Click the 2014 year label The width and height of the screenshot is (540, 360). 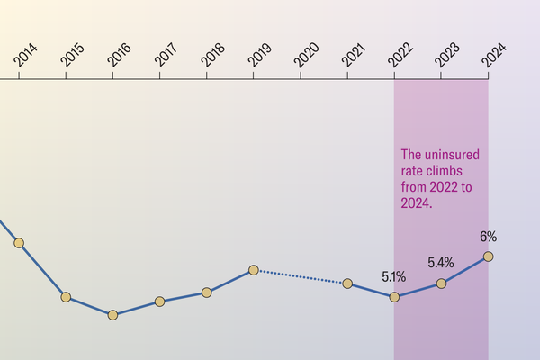point(26,55)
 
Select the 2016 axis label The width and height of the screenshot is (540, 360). point(120,55)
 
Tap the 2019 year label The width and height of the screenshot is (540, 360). point(261,55)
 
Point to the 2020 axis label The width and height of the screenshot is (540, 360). point(308,55)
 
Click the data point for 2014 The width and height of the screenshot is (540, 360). point(19,243)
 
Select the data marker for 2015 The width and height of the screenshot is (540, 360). point(66,297)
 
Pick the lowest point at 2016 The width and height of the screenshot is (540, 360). point(112,315)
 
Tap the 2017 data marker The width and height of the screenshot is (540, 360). point(159,301)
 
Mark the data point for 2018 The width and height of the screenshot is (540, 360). point(207,292)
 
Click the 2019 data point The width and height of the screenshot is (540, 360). point(254,270)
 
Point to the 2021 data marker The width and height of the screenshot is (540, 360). point(347,283)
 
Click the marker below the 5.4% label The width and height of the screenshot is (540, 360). point(441,283)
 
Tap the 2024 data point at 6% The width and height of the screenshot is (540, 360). point(488,256)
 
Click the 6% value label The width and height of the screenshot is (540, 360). point(488,238)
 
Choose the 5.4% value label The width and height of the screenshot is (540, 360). point(440,264)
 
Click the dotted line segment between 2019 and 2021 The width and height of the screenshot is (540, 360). point(301,276)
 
